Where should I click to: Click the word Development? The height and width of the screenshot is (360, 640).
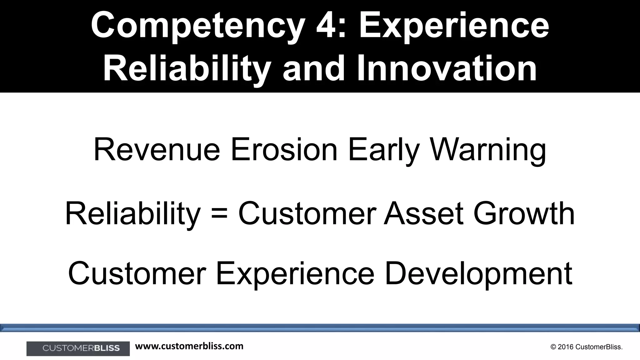(x=478, y=274)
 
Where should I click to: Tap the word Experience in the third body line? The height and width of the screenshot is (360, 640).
(x=295, y=274)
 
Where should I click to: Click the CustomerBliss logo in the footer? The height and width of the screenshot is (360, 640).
(x=78, y=348)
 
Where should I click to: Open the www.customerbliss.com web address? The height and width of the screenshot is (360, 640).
(x=189, y=346)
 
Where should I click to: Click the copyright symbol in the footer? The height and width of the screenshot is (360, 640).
(x=553, y=347)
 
